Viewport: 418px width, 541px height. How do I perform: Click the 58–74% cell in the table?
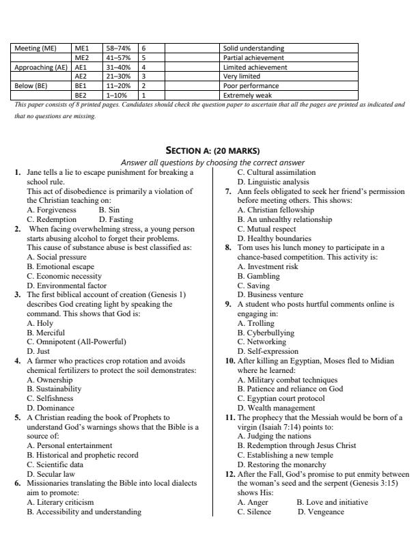(121, 48)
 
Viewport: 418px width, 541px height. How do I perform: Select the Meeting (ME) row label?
(41, 48)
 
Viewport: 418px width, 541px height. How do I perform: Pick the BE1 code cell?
(86, 87)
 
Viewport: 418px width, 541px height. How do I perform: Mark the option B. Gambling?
(259, 276)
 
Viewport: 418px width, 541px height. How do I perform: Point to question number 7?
(229, 191)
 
